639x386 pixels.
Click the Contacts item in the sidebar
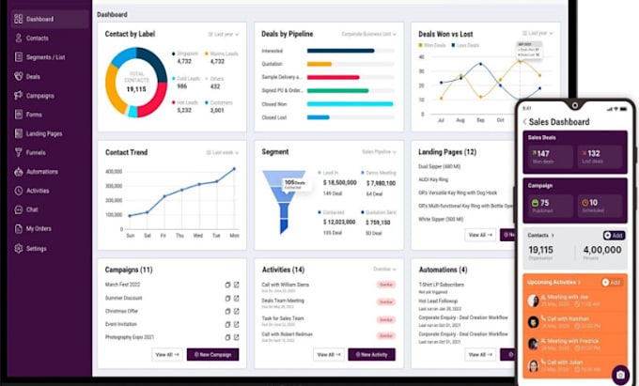[38, 39]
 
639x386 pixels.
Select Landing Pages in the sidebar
[44, 133]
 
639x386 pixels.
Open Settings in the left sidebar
[36, 249]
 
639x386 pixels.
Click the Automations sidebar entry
[42, 172]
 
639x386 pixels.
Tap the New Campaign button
[212, 354]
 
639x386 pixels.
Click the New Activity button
[371, 354]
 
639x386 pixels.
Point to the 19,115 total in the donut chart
[136, 88]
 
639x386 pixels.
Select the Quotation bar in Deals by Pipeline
[319, 65]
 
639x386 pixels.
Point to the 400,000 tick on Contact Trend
[113, 172]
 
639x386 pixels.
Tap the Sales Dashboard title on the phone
[559, 122]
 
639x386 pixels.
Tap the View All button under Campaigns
[166, 354]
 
